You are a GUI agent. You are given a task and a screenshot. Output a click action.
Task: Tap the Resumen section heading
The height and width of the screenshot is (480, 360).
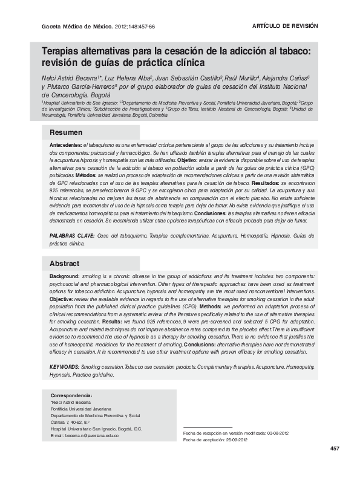click(65, 132)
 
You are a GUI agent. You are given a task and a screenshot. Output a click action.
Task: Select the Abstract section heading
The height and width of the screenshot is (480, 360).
click(64, 264)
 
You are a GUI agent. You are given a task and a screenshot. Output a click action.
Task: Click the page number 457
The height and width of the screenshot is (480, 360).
click(335, 448)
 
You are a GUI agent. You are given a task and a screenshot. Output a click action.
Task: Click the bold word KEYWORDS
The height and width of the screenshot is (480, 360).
click(64, 367)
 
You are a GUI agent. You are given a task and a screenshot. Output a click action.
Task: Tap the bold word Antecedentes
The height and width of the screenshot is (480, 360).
click(65, 146)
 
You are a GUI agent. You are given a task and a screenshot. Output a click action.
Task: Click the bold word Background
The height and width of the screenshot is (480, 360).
click(65, 275)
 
